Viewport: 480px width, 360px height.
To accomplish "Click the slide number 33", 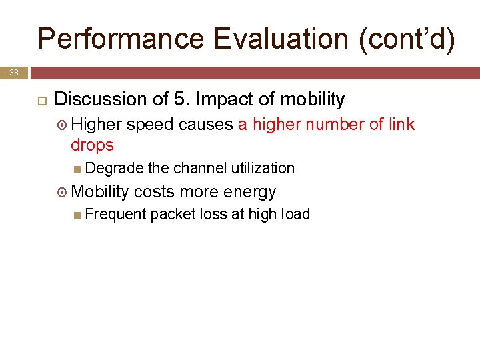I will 14,72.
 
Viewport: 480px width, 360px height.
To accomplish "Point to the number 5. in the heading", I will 182,100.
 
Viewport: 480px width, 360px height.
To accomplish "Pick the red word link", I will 401,125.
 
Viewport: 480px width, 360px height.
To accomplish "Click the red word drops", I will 92,145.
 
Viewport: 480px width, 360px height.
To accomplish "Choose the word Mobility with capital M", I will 99,192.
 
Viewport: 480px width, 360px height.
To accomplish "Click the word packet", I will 171,214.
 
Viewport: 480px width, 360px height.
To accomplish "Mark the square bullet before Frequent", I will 79,215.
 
